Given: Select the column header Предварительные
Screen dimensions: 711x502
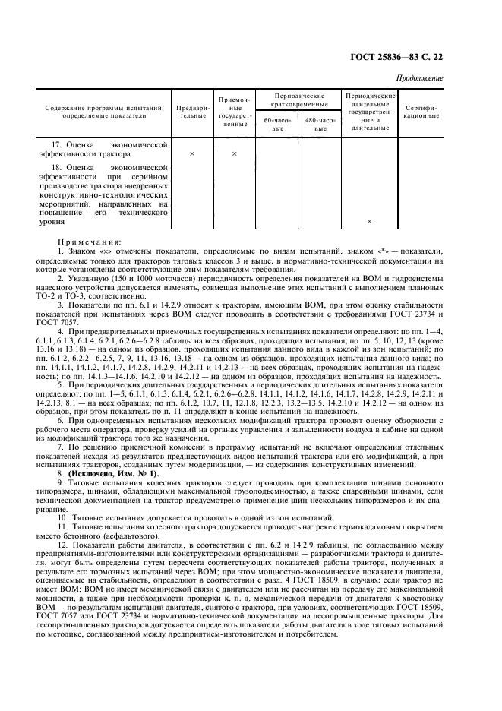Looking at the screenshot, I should point(191,112).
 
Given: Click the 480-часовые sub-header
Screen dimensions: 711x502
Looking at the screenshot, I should point(320,124).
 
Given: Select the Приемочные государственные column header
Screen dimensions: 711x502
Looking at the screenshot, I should point(235,112).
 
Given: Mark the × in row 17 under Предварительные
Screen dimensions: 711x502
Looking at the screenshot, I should point(191,154).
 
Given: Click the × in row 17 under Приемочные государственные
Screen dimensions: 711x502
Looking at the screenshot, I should point(235,154).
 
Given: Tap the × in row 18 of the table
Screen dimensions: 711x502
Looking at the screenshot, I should point(370,222).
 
